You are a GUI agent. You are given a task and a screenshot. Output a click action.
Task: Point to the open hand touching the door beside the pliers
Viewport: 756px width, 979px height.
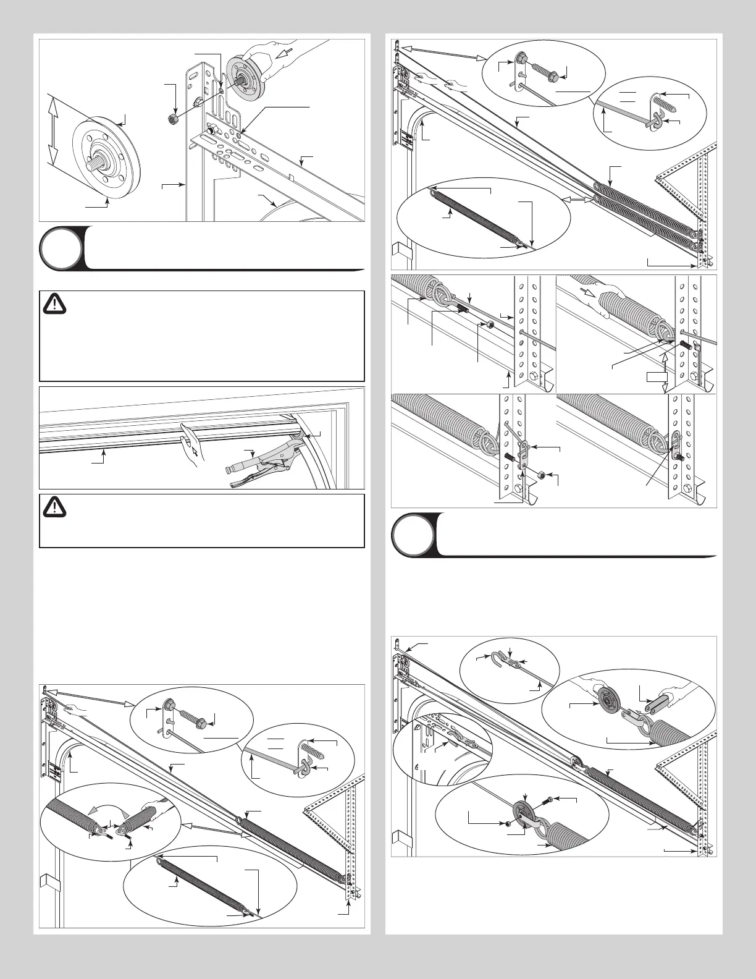[x=189, y=440]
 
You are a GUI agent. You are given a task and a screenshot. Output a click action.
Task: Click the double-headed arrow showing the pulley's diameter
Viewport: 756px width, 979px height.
[x=54, y=130]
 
